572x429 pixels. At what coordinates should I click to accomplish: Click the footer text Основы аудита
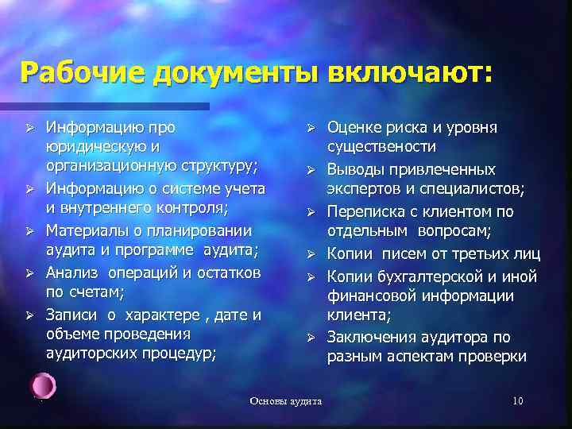tap(286, 401)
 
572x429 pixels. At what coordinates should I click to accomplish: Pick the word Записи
tap(72, 314)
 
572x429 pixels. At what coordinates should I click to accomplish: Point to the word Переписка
tap(369, 212)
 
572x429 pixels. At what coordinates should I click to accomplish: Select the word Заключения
tap(373, 338)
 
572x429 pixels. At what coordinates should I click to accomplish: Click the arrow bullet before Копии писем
tap(313, 255)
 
